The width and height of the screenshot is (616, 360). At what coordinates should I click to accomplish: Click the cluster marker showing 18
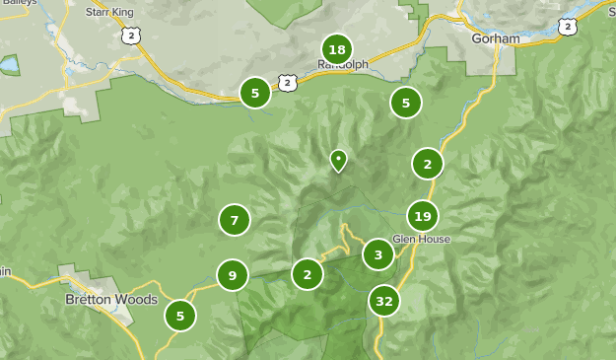(337, 49)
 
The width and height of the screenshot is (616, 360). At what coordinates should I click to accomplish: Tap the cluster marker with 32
(384, 301)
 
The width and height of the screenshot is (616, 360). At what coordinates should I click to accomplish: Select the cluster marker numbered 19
(423, 216)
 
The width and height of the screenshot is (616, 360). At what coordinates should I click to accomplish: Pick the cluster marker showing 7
(235, 220)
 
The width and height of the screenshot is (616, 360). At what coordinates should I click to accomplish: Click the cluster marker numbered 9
(233, 275)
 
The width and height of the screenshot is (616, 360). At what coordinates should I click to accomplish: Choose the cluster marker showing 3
(378, 254)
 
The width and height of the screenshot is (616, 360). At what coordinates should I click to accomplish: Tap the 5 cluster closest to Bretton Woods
(180, 316)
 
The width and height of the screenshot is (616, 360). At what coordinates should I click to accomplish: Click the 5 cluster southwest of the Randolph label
(255, 94)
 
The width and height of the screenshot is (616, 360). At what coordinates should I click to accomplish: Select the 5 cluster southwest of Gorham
(405, 102)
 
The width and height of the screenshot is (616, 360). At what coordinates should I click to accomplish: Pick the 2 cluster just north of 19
(428, 164)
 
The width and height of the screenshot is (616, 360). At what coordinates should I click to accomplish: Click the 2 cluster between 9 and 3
(308, 274)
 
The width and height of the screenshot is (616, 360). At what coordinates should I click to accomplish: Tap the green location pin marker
(338, 160)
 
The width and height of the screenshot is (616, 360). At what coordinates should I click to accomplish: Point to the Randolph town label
(343, 65)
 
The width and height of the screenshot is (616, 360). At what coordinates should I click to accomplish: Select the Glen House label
(421, 240)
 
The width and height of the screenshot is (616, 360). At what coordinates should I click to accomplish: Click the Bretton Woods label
(99, 299)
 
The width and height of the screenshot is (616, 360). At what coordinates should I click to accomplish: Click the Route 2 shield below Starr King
(132, 36)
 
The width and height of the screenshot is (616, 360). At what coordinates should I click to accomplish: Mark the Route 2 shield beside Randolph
(286, 82)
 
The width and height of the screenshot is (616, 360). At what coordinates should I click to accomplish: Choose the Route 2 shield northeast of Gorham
(566, 27)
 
